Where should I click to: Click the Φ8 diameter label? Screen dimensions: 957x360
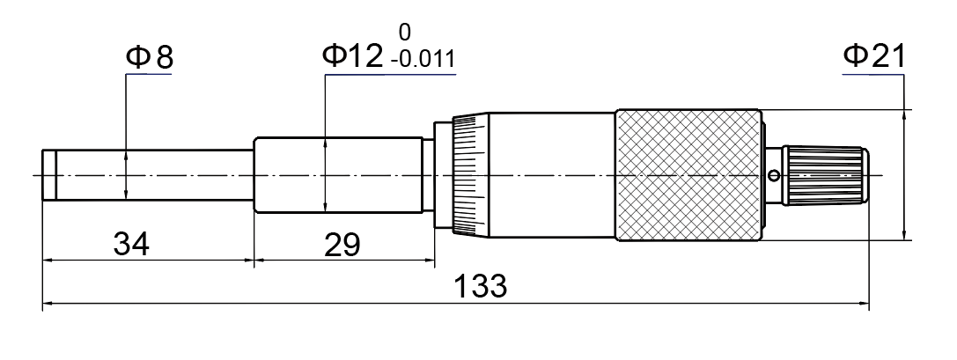[150, 57]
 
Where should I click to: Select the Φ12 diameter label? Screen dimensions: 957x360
[353, 56]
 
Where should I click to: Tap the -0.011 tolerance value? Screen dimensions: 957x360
[423, 59]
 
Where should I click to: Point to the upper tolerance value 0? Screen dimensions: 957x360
[405, 32]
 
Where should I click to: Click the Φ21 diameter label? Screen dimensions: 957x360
[874, 56]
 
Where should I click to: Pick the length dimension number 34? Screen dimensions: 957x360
[131, 244]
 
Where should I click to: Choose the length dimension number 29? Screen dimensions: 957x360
[342, 245]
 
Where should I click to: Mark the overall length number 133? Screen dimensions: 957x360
[481, 285]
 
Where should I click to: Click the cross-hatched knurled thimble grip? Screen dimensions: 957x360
[688, 175]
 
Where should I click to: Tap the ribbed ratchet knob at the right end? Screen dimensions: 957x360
[826, 175]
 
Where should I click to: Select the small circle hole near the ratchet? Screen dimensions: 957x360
[774, 176]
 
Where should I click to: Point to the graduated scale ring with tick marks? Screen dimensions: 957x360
[470, 175]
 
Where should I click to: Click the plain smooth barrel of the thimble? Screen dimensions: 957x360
[552, 175]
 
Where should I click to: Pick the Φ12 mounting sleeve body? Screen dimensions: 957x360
[338, 175]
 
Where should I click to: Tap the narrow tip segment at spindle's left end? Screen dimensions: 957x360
[48, 175]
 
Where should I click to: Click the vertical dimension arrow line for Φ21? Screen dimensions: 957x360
[904, 175]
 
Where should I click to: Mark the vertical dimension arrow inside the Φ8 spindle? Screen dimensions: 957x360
[126, 175]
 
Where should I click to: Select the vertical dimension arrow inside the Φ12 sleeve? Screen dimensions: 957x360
[325, 175]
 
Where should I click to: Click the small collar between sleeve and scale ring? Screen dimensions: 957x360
[428, 175]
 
